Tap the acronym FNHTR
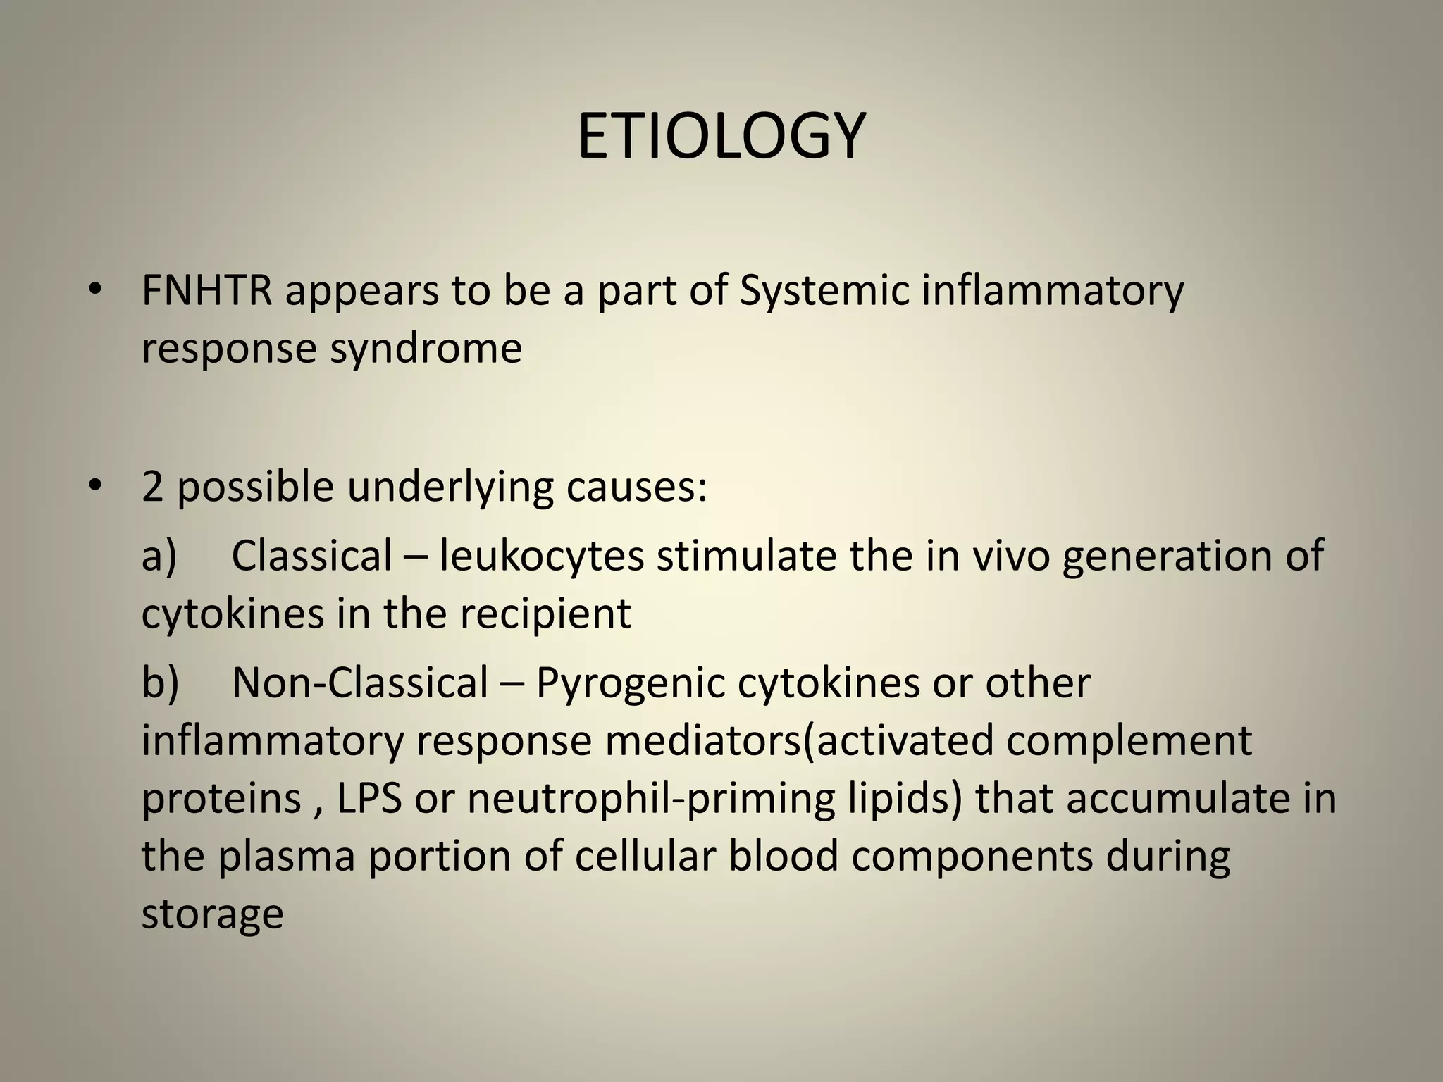tap(207, 290)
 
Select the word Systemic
tap(824, 292)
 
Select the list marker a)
tap(159, 556)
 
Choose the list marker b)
tap(160, 683)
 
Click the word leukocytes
tap(542, 556)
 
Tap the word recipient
tap(545, 614)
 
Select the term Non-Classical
tap(360, 683)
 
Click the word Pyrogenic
tap(630, 684)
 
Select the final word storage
tap(212, 914)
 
